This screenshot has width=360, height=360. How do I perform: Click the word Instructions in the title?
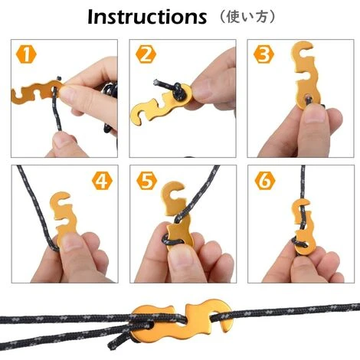(x=146, y=17)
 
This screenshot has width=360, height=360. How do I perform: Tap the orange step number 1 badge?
(x=27, y=55)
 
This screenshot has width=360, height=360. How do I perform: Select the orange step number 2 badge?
(x=146, y=54)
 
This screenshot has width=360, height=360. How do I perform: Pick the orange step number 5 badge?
(x=146, y=181)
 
